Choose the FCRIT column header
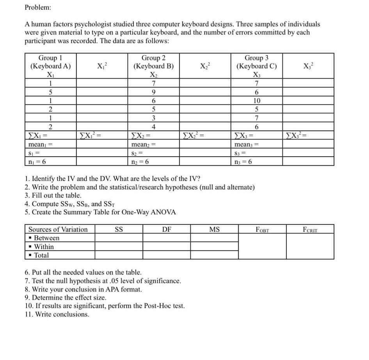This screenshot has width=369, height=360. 310,229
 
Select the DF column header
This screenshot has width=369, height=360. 167,229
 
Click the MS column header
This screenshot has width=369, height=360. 214,229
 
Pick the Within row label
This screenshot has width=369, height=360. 44,247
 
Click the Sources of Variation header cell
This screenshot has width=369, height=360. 58,229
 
